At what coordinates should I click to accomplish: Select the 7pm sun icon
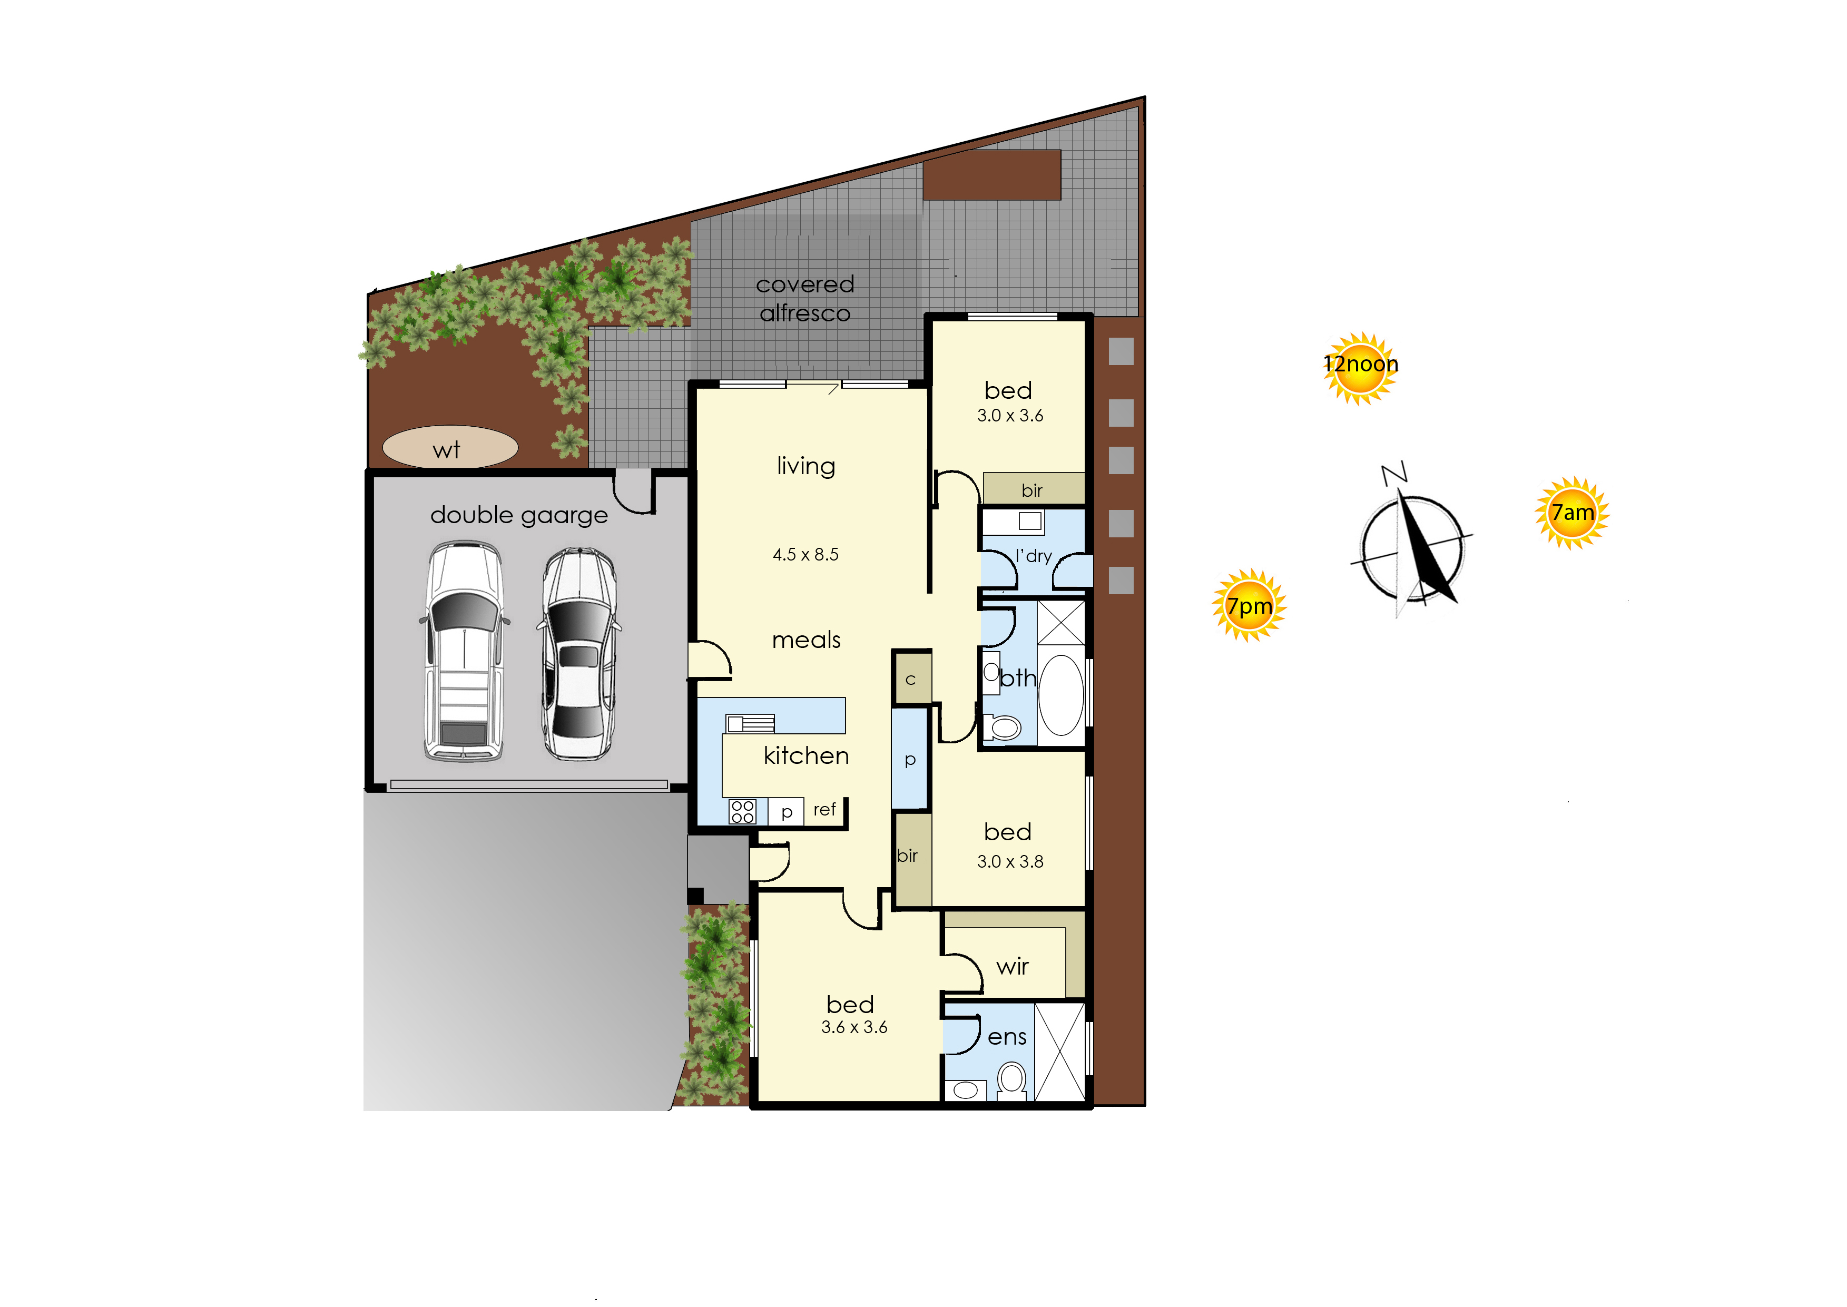coord(1249,605)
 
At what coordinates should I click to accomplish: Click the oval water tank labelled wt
coord(450,447)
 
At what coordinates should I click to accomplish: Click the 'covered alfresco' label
coord(805,299)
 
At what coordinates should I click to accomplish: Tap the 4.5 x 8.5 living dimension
coord(805,555)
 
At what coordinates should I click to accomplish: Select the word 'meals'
coord(807,641)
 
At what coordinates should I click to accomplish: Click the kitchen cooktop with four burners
coord(742,811)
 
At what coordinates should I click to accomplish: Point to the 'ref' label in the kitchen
coord(824,810)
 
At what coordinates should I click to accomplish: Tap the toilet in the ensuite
coord(1011,1080)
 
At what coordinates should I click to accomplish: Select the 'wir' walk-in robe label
coord(1013,967)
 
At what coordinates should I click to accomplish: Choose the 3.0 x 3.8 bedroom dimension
coord(1010,862)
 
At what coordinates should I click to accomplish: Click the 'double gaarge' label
coord(519,516)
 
